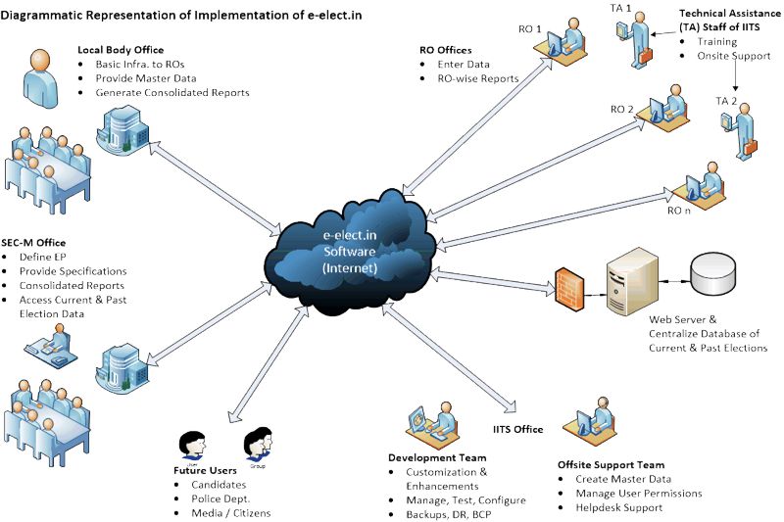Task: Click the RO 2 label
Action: click(622, 108)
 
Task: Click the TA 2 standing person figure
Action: click(744, 132)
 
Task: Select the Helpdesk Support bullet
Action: click(617, 507)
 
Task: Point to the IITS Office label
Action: click(517, 429)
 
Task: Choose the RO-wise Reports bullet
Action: click(478, 78)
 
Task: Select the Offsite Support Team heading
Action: click(611, 464)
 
